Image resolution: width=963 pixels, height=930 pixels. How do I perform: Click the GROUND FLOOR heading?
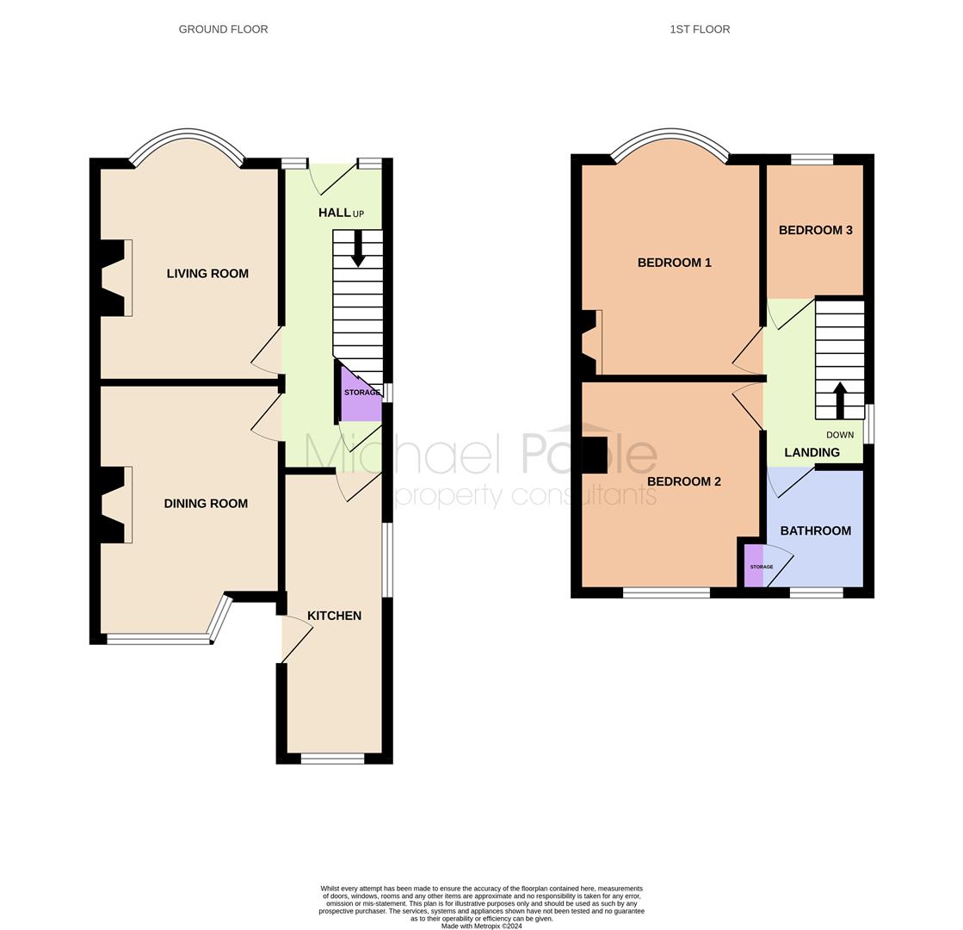[223, 29]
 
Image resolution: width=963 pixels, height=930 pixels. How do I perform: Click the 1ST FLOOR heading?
[700, 29]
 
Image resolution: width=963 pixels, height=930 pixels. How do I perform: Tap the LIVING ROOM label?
[207, 274]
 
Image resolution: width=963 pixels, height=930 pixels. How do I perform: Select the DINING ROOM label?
[206, 504]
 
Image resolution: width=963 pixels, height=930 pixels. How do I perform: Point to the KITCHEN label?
[334, 616]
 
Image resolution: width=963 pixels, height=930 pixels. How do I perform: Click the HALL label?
[334, 213]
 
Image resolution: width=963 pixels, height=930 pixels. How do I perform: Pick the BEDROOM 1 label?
[675, 263]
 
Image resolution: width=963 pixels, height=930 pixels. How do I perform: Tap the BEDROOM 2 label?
[683, 481]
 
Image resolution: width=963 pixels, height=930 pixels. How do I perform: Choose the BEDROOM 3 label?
[816, 230]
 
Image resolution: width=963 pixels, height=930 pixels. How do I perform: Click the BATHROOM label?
[816, 530]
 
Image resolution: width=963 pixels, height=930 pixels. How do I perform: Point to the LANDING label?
[812, 452]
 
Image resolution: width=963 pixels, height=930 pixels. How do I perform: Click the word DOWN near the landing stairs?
[840, 435]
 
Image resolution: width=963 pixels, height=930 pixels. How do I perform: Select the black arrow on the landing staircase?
[840, 400]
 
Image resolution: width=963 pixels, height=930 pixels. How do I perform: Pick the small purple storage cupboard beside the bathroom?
[754, 566]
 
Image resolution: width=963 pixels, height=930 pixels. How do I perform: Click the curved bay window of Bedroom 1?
[670, 132]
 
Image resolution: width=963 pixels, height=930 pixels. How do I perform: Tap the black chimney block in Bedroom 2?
[595, 455]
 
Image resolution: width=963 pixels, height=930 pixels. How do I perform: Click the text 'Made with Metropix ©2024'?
[482, 926]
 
